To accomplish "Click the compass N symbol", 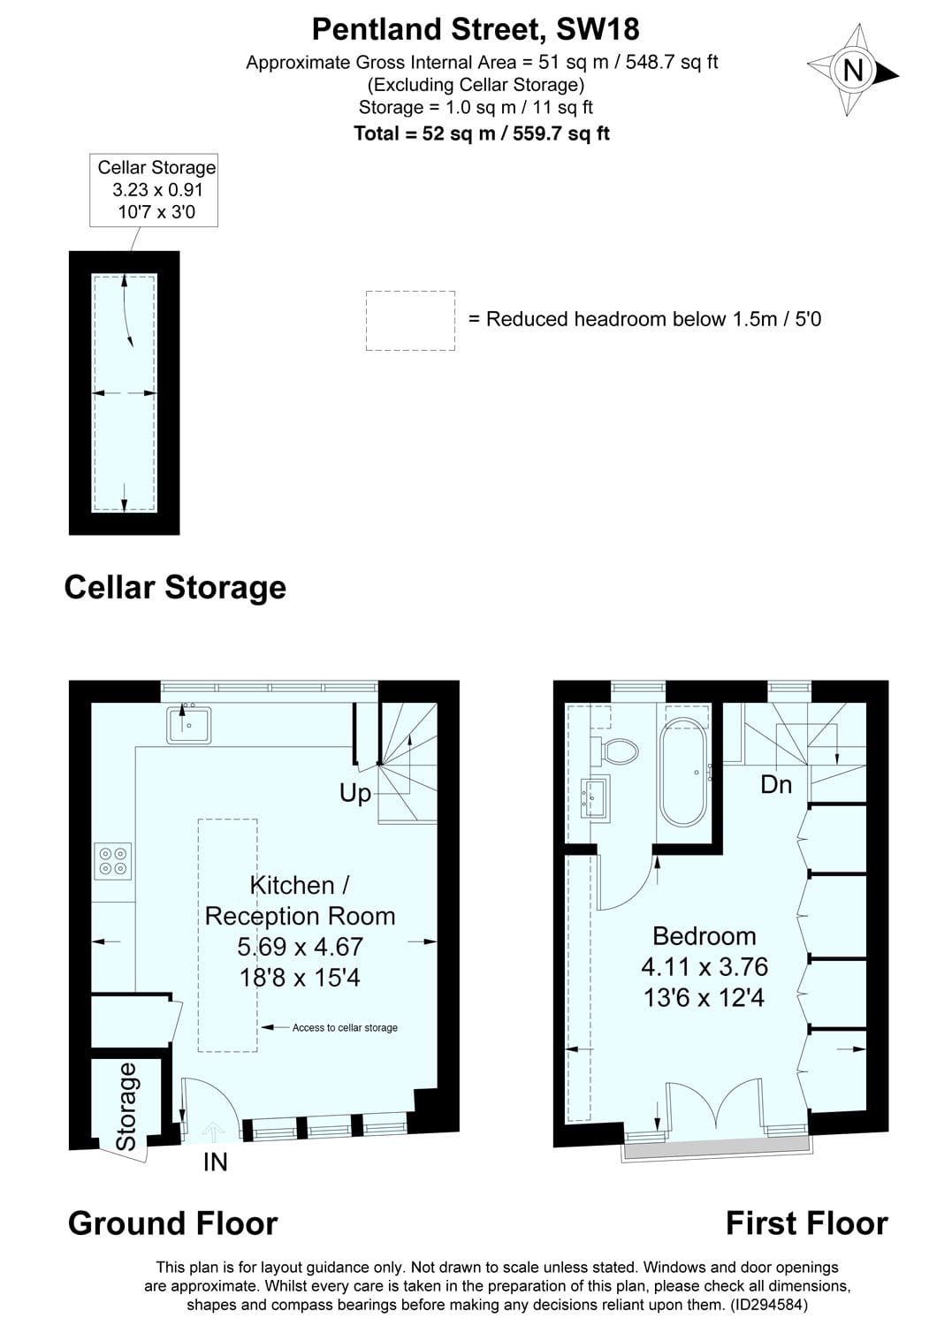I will (x=853, y=70).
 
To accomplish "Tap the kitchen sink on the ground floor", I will (x=187, y=724).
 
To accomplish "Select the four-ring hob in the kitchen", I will (x=113, y=861).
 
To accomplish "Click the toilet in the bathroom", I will (x=621, y=751).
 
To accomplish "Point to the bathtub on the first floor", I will (x=683, y=772).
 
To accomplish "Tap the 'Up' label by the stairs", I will (x=355, y=793).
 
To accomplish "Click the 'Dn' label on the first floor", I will (x=776, y=784).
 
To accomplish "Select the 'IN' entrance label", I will (x=215, y=1162).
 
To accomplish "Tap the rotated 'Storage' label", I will (x=127, y=1106).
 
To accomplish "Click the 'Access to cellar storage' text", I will (x=345, y=1027).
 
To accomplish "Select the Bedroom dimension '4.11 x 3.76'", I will (x=704, y=967).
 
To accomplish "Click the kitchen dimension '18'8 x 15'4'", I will (x=300, y=977).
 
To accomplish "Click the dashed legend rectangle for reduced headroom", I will (x=410, y=320).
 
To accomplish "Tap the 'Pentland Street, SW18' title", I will (x=476, y=29).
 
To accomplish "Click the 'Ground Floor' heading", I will (x=172, y=1223).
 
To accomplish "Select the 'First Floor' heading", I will (x=806, y=1223).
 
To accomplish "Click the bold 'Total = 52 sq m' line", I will (x=482, y=133).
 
